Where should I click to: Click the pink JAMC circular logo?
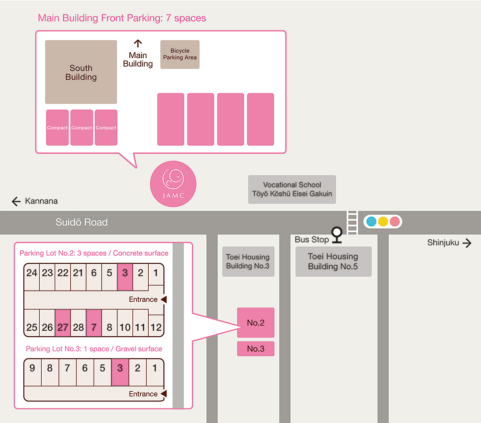(173, 184)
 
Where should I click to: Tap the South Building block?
(81, 72)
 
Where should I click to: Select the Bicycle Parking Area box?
(180, 55)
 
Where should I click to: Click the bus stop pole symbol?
(337, 235)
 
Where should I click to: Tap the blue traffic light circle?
(372, 222)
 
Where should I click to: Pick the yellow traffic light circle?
(383, 222)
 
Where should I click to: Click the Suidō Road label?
(81, 222)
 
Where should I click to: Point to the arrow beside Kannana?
(16, 201)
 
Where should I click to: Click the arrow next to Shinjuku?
(467, 243)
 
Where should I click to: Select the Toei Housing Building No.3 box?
(248, 262)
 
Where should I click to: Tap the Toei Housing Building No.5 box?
(333, 262)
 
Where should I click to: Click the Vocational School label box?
(292, 189)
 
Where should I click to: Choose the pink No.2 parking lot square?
(256, 323)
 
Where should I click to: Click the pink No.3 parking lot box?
(256, 349)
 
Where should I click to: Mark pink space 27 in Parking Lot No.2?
(63, 323)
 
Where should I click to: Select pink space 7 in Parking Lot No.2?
(94, 323)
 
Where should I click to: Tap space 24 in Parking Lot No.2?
(32, 277)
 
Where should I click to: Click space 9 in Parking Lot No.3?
(32, 372)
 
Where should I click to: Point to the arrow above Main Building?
(138, 43)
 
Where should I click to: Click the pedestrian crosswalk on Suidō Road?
(352, 222)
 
